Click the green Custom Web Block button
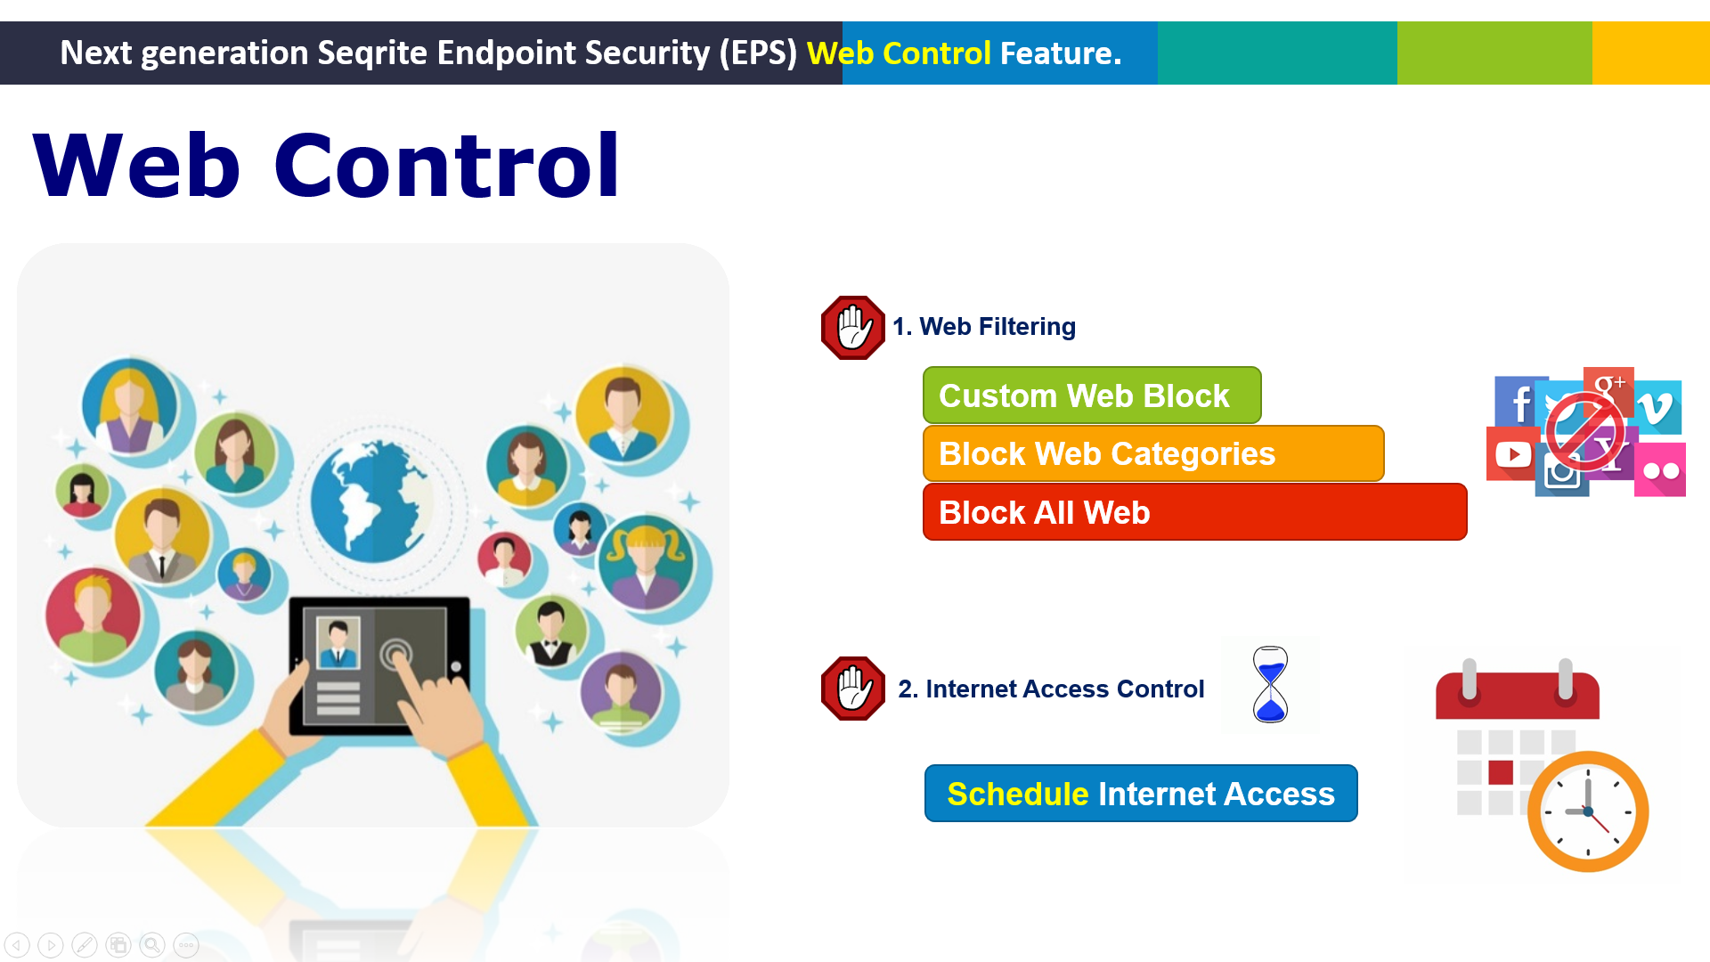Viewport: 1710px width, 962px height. click(1092, 395)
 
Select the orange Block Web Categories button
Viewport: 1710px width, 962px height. click(1153, 453)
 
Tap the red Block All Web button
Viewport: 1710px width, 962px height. click(1194, 512)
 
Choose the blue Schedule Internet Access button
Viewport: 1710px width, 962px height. click(1141, 793)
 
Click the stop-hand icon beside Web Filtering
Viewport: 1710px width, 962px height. click(852, 328)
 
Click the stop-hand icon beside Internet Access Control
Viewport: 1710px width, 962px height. click(852, 689)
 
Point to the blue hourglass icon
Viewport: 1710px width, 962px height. click(1270, 684)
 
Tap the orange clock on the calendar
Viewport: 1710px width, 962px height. click(1588, 811)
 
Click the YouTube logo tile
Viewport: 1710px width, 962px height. click(1511, 454)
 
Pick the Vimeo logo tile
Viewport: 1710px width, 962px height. click(1657, 408)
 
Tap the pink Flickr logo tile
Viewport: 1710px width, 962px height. click(1660, 469)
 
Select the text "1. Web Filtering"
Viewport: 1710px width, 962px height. click(984, 327)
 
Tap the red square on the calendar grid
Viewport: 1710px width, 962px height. click(1501, 772)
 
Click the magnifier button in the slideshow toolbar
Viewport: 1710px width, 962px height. click(152, 944)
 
